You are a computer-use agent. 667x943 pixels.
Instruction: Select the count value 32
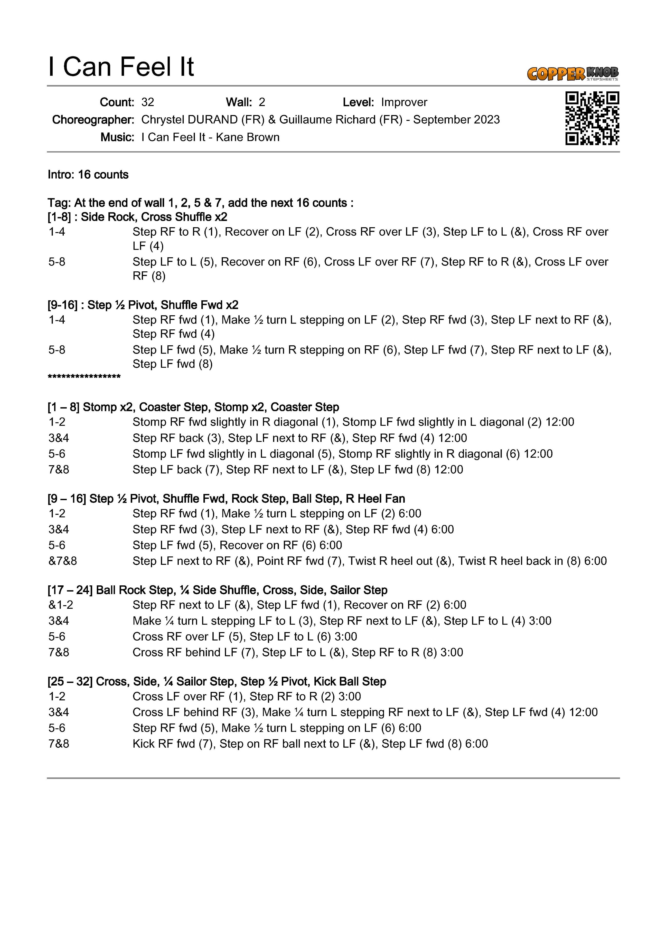pyautogui.click(x=147, y=102)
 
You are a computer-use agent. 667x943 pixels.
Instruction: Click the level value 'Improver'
pyautogui.click(x=404, y=102)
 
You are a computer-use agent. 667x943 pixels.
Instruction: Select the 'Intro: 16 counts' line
pyautogui.click(x=88, y=175)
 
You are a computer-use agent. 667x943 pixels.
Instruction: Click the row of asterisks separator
pyautogui.click(x=84, y=377)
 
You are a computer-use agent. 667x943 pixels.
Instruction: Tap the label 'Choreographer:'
pyautogui.click(x=93, y=120)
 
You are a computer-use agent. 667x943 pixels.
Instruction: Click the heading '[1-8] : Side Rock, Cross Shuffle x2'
pyautogui.click(x=137, y=217)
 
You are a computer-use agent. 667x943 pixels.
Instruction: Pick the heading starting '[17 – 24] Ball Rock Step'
pyautogui.click(x=217, y=590)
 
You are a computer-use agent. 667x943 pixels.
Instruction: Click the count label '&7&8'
pyautogui.click(x=62, y=561)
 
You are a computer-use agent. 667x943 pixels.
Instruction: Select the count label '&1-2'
pyautogui.click(x=61, y=605)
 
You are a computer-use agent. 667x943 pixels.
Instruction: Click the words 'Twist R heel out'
pyautogui.click(x=390, y=561)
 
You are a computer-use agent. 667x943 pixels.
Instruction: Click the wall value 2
pyautogui.click(x=262, y=102)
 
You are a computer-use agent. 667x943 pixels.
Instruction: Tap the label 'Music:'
pyautogui.click(x=117, y=137)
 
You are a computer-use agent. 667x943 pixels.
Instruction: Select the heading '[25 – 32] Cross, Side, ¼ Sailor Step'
pyautogui.click(x=217, y=681)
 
